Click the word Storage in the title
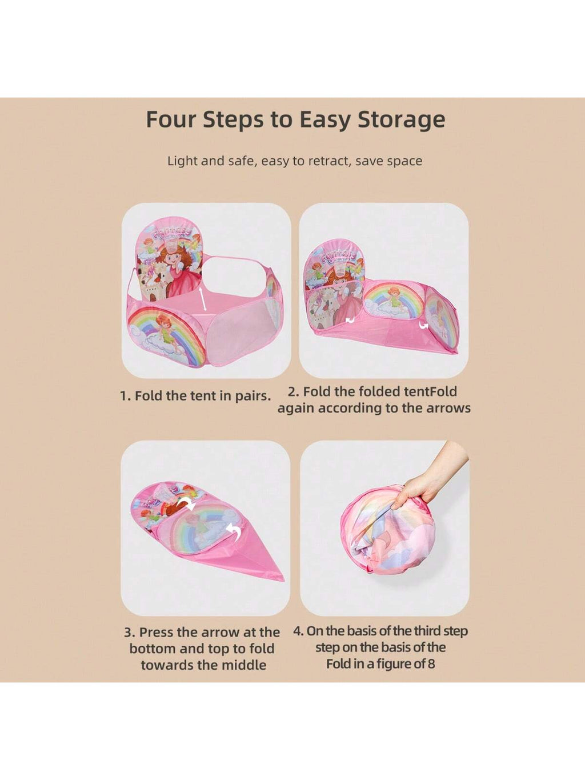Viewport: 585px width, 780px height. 401,120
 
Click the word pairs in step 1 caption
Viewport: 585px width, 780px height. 253,396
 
